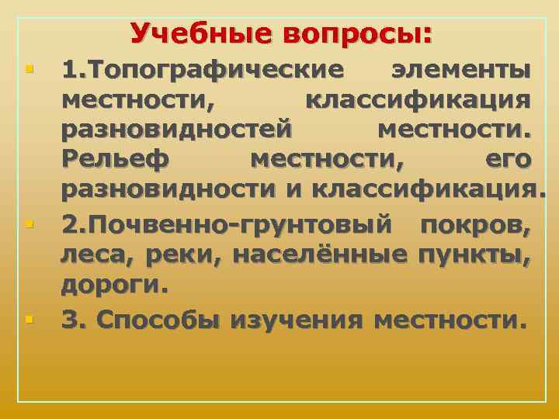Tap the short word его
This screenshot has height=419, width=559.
(x=509, y=159)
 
